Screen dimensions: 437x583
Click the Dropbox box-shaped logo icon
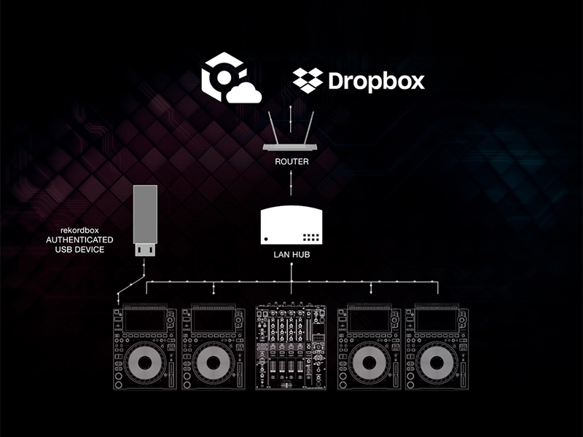308,79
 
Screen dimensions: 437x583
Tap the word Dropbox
375,80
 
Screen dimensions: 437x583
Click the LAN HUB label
291,257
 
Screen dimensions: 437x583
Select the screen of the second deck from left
212,320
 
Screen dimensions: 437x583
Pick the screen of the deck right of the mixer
370,320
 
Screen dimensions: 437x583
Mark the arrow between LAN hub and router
291,184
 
